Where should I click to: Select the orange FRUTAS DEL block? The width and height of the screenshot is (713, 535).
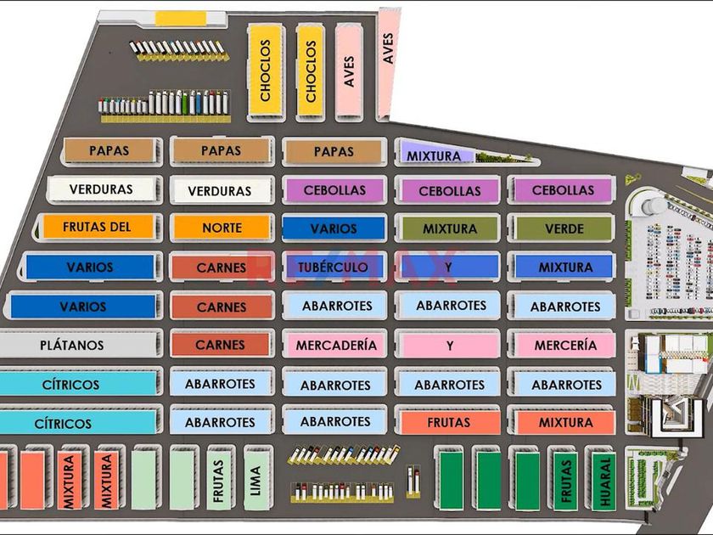[x=98, y=228]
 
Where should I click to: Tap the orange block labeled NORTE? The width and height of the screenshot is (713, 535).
[x=222, y=228]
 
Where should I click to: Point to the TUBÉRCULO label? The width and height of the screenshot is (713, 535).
[x=333, y=267]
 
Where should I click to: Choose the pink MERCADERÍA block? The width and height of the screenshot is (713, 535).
[x=336, y=346]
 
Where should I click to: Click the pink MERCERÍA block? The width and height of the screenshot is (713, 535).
[x=564, y=346]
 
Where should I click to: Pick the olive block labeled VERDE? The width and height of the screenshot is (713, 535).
[x=564, y=228]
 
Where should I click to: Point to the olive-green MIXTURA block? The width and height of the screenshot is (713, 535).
[x=449, y=228]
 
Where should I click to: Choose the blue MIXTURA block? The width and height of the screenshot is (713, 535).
[x=564, y=267]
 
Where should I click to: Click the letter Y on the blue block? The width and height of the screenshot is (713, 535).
[x=449, y=267]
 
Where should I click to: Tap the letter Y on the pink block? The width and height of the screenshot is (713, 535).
[x=449, y=346]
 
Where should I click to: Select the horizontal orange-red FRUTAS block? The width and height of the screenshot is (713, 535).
[x=449, y=422]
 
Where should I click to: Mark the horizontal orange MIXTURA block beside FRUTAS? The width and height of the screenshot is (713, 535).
[x=564, y=422]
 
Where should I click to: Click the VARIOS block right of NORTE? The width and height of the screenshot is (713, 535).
[x=334, y=228]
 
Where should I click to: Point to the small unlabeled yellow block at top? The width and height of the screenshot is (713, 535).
[x=180, y=17]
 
